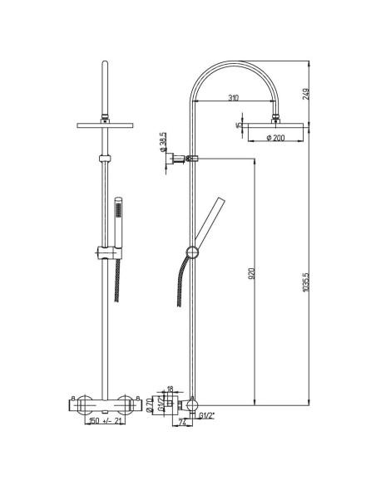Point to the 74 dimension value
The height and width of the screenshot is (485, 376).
[181, 424]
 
